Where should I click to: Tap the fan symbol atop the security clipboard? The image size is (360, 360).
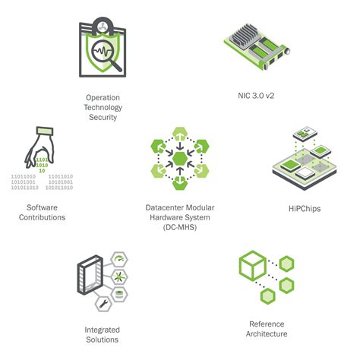tap(103, 27)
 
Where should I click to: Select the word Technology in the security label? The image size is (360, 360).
tap(103, 108)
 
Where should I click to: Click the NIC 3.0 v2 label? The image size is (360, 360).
tap(256, 96)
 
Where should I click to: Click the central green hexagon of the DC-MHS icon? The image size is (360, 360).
tap(180, 159)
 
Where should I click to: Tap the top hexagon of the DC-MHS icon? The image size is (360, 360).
tap(180, 134)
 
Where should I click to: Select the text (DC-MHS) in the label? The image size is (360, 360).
tap(180, 227)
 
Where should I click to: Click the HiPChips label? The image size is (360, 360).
tap(305, 209)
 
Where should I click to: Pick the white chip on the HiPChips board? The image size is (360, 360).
tap(305, 173)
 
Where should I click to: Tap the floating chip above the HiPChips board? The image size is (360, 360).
tap(305, 133)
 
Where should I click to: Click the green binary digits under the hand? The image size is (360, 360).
tap(42, 165)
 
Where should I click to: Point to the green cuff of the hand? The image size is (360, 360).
tap(45, 131)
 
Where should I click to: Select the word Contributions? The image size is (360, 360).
tap(42, 217)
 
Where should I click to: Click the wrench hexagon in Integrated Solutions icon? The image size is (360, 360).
tap(103, 304)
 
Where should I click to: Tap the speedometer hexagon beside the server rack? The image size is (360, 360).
tap(119, 260)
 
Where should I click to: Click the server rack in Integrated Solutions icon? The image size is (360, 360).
tap(90, 275)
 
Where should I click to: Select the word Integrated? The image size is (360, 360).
tap(102, 330)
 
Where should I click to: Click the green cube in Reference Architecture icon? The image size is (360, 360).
tap(252, 265)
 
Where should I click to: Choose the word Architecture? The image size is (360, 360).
tap(267, 333)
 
